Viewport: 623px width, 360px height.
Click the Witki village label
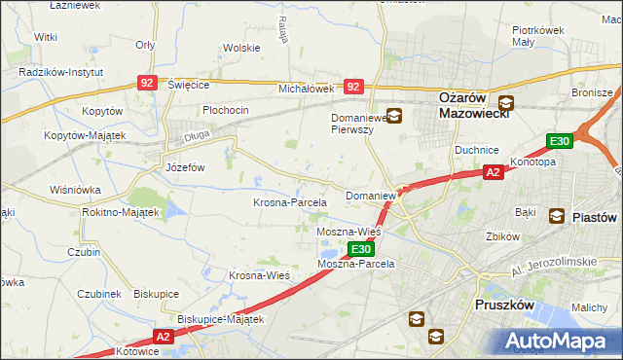[x=45, y=36]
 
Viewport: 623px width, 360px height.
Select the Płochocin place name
[x=226, y=110]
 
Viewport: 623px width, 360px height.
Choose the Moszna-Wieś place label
[x=348, y=234]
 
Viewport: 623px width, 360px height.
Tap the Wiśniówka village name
[x=78, y=190]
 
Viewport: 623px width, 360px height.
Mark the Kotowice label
[x=136, y=350]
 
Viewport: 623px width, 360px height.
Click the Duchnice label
[x=476, y=151]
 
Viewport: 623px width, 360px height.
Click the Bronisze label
[x=590, y=92]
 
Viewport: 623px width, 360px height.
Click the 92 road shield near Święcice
[x=148, y=85]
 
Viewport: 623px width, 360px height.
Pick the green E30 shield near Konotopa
[x=559, y=142]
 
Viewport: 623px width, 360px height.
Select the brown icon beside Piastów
[x=557, y=216]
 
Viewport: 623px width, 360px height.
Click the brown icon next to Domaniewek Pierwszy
[x=394, y=115]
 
